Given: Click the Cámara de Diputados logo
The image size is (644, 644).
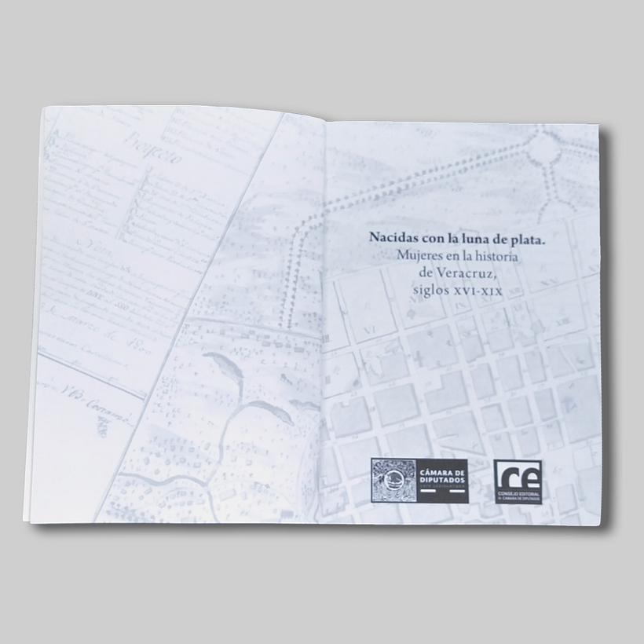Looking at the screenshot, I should [419, 481].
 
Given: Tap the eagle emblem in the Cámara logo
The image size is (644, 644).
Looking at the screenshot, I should [394, 481].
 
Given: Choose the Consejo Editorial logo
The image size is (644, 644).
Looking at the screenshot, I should [518, 481].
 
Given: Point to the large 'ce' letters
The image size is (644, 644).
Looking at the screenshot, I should [518, 475].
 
